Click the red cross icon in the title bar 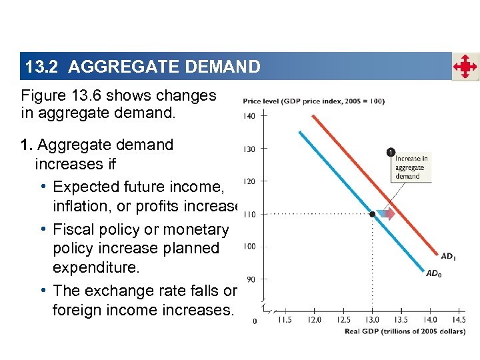[465, 67]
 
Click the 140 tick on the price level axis [249, 116]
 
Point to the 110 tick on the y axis [249, 214]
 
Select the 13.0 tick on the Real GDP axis [371, 320]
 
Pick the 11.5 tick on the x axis [285, 320]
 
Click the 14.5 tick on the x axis [458, 320]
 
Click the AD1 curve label [449, 256]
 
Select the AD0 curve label [433, 273]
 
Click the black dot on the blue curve [372, 214]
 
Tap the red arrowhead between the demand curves [389, 214]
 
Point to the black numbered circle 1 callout [389, 153]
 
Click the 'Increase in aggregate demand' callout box [411, 167]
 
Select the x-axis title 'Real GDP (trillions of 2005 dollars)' [405, 331]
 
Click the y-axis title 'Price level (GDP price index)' [313, 101]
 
